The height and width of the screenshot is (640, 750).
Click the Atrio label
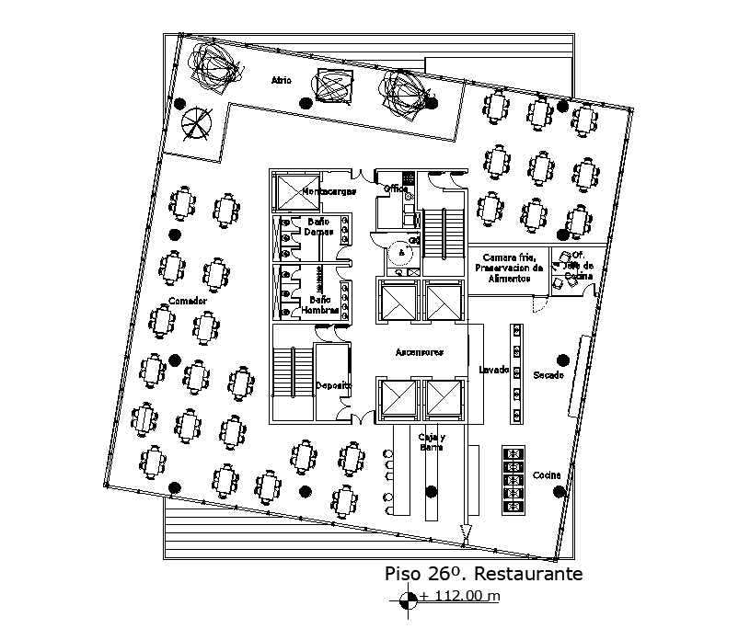click(x=281, y=81)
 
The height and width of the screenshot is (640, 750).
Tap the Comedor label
click(x=187, y=301)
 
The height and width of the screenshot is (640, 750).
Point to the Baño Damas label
click(x=319, y=225)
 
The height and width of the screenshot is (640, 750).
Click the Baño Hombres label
click(x=319, y=304)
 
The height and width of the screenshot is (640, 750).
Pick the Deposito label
click(x=332, y=385)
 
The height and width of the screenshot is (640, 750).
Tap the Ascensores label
click(x=420, y=352)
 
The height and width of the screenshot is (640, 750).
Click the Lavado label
click(x=493, y=370)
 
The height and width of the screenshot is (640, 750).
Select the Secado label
click(x=548, y=375)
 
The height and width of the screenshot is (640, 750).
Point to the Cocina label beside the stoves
click(x=547, y=474)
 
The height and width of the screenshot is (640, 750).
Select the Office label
click(x=397, y=189)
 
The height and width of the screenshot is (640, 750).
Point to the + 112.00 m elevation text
click(x=460, y=596)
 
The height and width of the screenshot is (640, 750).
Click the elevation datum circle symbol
click(x=408, y=601)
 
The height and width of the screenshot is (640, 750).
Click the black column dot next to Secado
click(x=560, y=360)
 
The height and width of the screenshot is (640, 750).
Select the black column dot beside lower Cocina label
click(x=560, y=493)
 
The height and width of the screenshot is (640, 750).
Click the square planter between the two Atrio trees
click(x=331, y=86)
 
